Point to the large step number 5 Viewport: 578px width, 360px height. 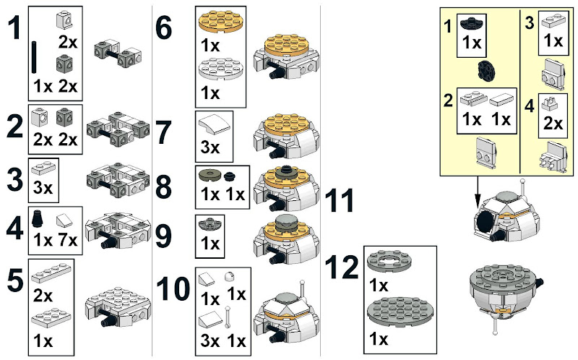[14, 280]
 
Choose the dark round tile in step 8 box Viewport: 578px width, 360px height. [210, 176]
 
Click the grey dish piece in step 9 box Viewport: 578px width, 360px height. [210, 224]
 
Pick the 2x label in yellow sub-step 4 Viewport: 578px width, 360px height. [553, 124]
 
